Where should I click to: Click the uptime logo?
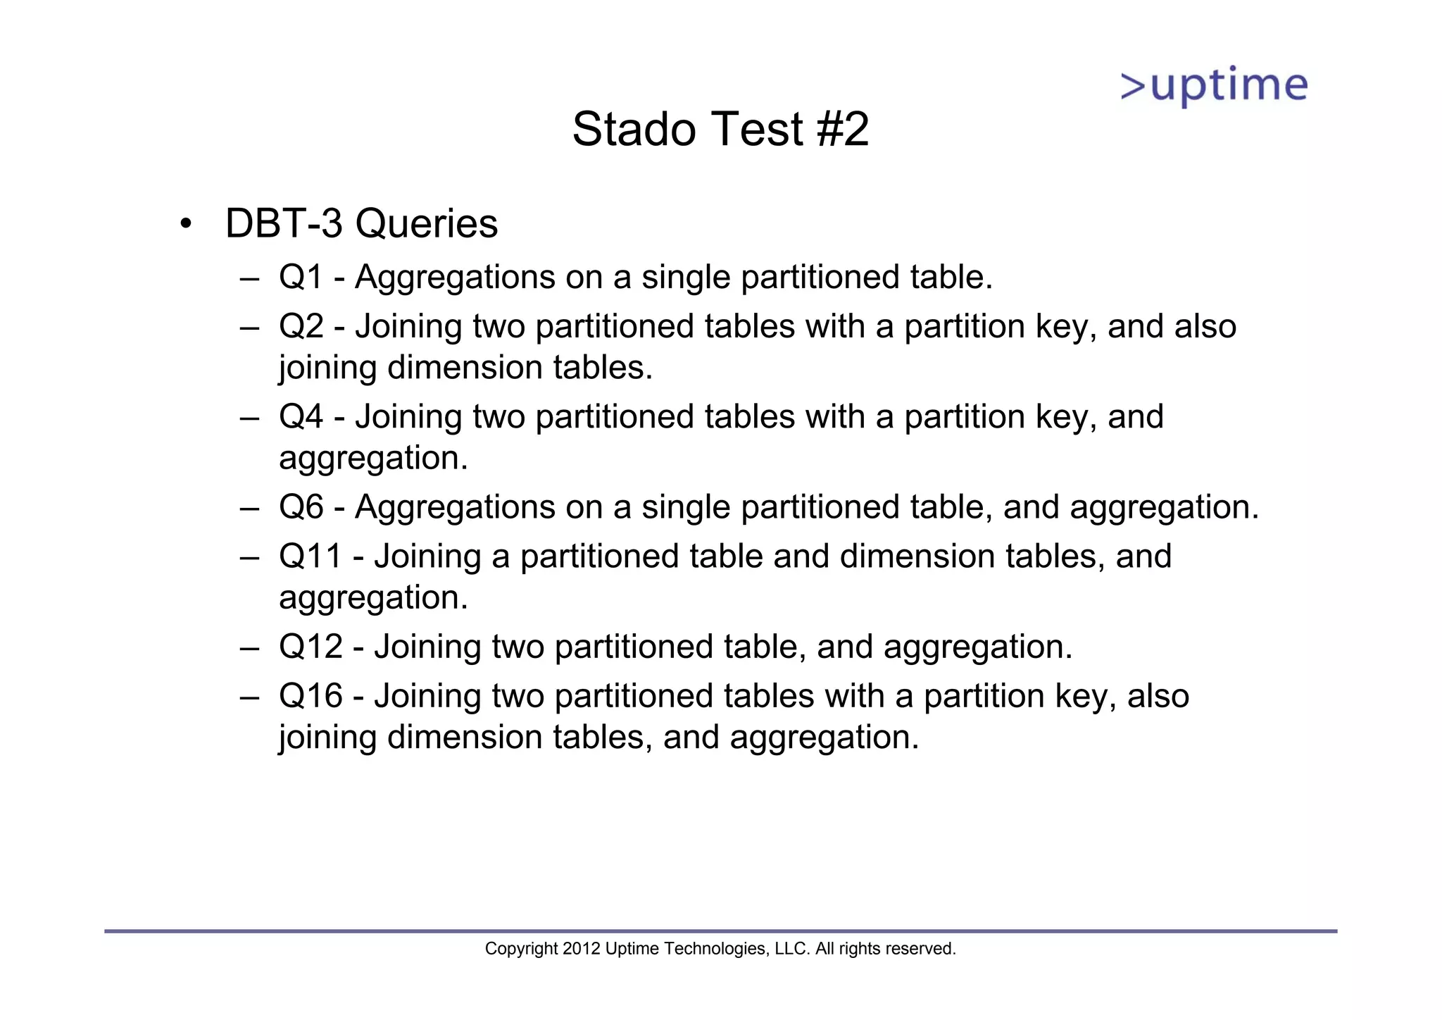tap(1214, 86)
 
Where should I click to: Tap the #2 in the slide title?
tap(843, 130)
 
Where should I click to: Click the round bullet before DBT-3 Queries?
tap(185, 225)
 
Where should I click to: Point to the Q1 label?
tap(301, 277)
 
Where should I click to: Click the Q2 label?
tap(301, 327)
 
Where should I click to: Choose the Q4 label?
tap(301, 417)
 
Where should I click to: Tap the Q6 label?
tap(301, 507)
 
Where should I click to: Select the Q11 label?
tap(310, 556)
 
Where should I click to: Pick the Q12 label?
tap(310, 647)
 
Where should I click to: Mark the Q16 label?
tap(310, 696)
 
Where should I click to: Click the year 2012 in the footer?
tap(581, 949)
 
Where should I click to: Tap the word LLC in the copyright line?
tap(791, 949)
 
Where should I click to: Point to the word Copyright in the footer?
tap(521, 949)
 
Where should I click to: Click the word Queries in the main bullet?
tap(426, 224)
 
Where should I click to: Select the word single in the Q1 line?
tap(686, 277)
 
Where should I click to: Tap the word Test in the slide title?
tap(757, 130)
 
